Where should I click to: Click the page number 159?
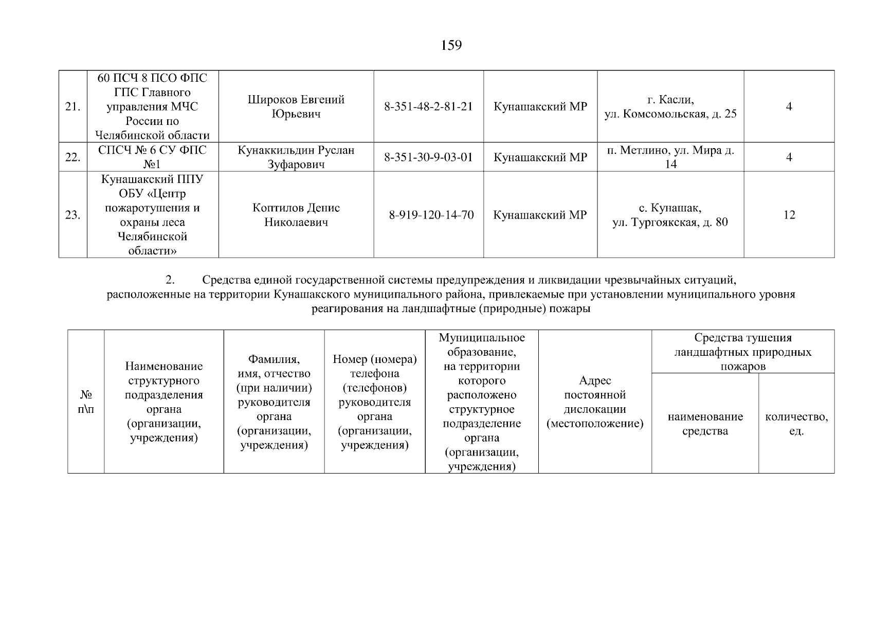click(451, 46)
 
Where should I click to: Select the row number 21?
click(72, 107)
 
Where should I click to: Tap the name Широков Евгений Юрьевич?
click(296, 106)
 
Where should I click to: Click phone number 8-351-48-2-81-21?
click(428, 107)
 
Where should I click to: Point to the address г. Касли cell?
click(670, 106)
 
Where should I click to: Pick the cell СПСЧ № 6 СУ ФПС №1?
click(152, 157)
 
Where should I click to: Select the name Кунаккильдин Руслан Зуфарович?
click(296, 157)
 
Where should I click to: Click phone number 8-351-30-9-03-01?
click(428, 157)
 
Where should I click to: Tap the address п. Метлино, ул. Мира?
click(670, 157)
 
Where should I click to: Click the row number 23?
click(72, 215)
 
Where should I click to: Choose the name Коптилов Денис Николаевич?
click(296, 215)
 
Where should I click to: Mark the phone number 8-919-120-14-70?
click(431, 215)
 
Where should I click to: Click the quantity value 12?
click(789, 215)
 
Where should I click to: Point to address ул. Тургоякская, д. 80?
click(670, 222)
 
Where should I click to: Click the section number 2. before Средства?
click(170, 280)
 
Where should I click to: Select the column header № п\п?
click(85, 402)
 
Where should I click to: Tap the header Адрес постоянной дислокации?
click(595, 402)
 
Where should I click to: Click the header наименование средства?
click(705, 424)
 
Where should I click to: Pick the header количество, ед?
click(796, 424)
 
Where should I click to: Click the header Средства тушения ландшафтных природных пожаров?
click(742, 352)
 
